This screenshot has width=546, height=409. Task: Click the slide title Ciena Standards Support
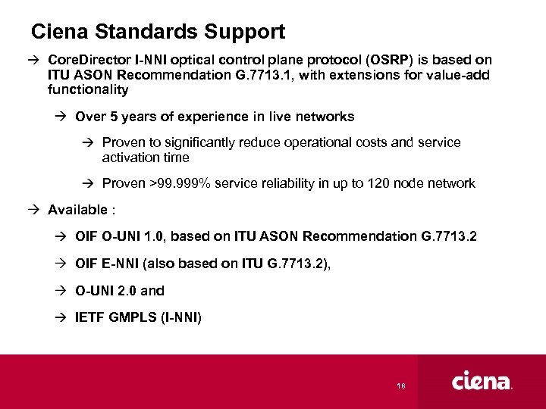click(x=158, y=32)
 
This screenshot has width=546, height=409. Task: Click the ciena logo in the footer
click(x=482, y=382)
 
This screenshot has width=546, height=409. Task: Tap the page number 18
click(x=402, y=386)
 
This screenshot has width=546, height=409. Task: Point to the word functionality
click(x=88, y=90)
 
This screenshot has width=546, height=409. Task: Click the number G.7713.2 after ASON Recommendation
click(x=449, y=236)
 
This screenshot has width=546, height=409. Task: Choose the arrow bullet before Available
click(x=37, y=210)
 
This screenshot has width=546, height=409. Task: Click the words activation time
click(x=146, y=158)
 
